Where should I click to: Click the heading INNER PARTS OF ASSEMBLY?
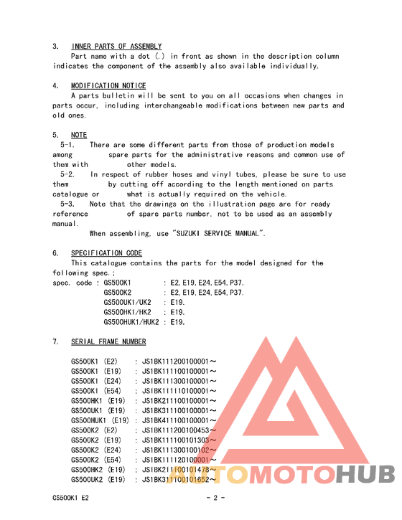click(x=116, y=47)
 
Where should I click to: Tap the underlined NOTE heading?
click(x=79, y=135)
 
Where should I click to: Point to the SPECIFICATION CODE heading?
click(x=106, y=253)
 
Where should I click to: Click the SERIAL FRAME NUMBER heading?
click(x=108, y=342)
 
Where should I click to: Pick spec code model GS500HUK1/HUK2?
click(x=131, y=322)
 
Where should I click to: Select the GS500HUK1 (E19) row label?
click(x=100, y=420)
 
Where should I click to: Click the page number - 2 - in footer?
click(x=216, y=497)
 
